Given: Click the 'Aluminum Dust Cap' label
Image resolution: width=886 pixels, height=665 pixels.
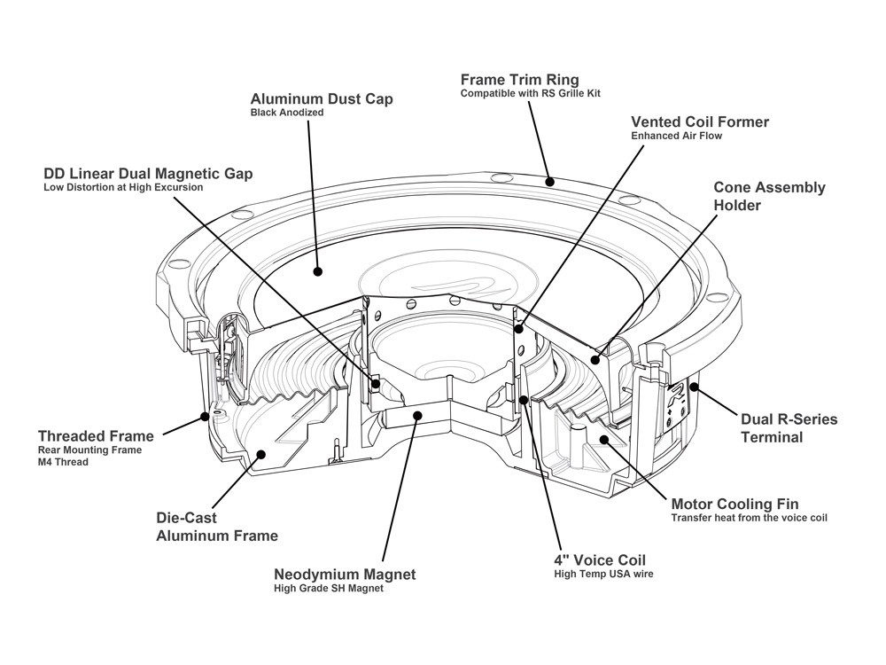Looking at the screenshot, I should click(322, 98).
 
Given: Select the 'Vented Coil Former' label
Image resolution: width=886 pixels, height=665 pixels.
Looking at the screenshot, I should click(700, 121).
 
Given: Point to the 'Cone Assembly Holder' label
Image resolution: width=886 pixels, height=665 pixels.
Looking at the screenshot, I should click(770, 196).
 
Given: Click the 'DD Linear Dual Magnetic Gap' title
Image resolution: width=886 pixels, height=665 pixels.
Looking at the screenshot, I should click(148, 173).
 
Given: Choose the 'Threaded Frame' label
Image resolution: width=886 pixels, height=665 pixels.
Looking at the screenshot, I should click(96, 435).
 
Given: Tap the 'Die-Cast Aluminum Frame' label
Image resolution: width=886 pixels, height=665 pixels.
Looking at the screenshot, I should click(217, 526).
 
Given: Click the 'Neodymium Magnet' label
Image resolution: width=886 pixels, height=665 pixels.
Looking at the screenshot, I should click(345, 574).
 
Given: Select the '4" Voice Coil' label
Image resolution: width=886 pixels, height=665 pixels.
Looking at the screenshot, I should click(599, 560).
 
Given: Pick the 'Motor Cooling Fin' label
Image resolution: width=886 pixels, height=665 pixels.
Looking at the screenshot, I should click(734, 504).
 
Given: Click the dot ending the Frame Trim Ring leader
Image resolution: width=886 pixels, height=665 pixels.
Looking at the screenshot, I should click(550, 182).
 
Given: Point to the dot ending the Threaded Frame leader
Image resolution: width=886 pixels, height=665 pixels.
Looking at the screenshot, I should click(206, 415).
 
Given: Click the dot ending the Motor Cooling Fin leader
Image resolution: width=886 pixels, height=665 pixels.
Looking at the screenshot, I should click(602, 439).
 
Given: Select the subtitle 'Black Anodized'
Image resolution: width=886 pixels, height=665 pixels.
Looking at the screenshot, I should click(287, 113).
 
